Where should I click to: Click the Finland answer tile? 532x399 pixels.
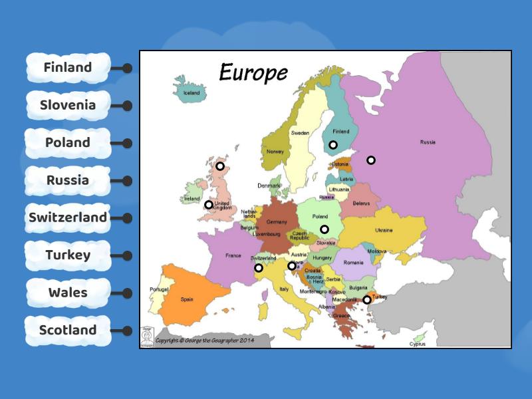(x=68, y=68)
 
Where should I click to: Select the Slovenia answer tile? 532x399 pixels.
(x=68, y=105)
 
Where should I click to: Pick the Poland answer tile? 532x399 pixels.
(x=68, y=142)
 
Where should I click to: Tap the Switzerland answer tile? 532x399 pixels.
(x=68, y=217)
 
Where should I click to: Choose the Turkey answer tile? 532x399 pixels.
(x=68, y=255)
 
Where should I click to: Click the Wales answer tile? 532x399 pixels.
(x=68, y=293)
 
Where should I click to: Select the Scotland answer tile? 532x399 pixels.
(x=68, y=330)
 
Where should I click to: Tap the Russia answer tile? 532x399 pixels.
(x=68, y=180)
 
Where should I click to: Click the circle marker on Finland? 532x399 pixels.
(x=333, y=145)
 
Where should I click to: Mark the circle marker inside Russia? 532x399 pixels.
(x=371, y=160)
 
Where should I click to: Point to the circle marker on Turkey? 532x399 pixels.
(x=366, y=300)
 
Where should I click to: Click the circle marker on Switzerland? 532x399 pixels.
(x=259, y=268)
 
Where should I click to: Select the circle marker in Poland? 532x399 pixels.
(x=325, y=229)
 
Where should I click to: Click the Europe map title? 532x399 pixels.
(x=253, y=72)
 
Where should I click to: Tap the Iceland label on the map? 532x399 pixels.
(x=191, y=93)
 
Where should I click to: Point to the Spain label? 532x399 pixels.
(x=187, y=299)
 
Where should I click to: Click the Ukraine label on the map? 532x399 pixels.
(x=384, y=230)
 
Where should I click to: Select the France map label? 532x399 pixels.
(x=233, y=255)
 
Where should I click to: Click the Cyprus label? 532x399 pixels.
(x=418, y=344)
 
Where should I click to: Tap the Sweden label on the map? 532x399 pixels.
(x=300, y=133)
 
